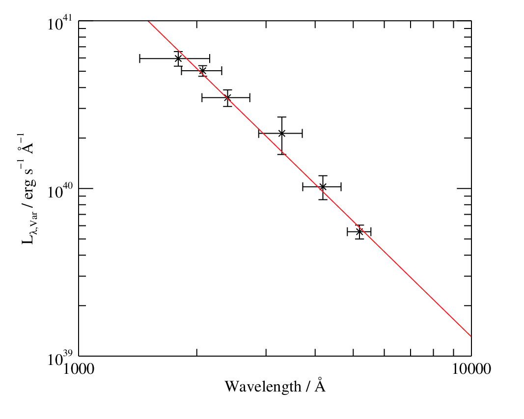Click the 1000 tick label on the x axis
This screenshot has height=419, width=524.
[79, 369]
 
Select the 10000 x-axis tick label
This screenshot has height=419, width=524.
[471, 369]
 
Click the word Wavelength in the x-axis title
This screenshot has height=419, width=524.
[263, 387]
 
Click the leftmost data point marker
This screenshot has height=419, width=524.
[178, 59]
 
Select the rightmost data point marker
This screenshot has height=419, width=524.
[359, 231]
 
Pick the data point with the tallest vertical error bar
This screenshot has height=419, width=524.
[282, 134]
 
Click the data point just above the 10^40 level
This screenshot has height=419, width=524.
[323, 187]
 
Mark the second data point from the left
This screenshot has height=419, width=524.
[202, 71]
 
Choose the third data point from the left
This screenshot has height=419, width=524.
[227, 98]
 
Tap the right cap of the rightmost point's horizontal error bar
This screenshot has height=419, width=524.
[371, 231]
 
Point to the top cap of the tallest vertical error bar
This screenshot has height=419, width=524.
[282, 117]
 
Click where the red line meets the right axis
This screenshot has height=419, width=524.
[471, 336]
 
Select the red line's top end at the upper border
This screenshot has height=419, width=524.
[148, 21]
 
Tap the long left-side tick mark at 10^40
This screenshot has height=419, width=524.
[86, 189]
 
